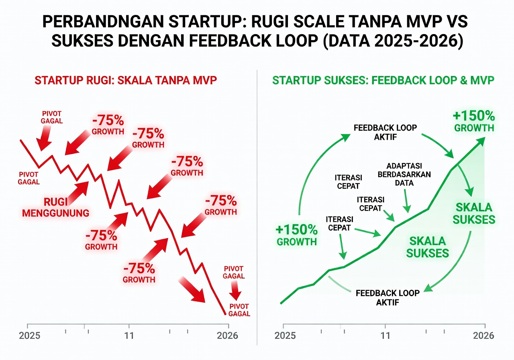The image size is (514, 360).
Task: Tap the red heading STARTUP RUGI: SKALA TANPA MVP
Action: [126, 80]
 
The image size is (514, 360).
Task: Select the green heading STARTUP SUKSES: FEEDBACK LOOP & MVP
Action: [383, 80]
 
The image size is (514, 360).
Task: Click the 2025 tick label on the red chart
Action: [29, 335]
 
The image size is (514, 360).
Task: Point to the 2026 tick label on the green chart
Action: [483, 335]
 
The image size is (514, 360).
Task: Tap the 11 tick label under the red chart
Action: [129, 335]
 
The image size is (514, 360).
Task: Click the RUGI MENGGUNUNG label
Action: [55, 207]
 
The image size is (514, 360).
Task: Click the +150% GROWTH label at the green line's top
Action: [473, 122]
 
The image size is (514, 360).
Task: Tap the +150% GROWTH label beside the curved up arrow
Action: [297, 235]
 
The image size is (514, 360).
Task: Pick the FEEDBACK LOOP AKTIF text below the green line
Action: [388, 297]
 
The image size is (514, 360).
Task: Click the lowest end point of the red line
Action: [225, 314]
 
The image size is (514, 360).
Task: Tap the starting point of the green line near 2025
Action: [281, 303]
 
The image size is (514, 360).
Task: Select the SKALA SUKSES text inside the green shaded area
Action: [427, 247]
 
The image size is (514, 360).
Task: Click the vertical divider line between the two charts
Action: [257, 201]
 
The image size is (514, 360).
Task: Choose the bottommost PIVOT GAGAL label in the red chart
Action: [239, 310]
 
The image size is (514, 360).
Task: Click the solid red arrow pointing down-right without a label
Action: [192, 290]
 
